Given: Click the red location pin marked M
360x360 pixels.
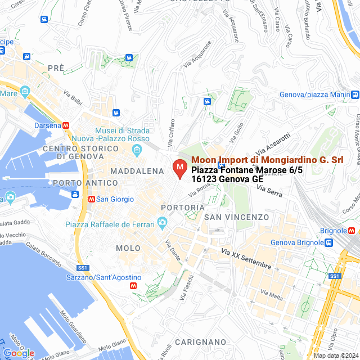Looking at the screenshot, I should (x=179, y=168).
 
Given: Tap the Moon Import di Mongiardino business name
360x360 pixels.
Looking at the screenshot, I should (x=267, y=160).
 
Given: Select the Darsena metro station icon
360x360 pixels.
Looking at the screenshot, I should (x=66, y=125).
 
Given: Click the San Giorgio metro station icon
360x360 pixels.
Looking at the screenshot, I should (x=91, y=199).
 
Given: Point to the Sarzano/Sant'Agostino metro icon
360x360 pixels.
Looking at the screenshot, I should (x=133, y=286).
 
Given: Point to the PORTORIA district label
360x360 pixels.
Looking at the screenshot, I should (x=182, y=208).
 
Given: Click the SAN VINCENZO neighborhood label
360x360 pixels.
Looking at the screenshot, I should (x=236, y=217).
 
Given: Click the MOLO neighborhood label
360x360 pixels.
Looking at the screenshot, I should (x=128, y=248).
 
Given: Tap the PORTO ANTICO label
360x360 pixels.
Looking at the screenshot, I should (x=85, y=183).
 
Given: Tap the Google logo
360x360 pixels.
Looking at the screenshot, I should (x=19, y=353).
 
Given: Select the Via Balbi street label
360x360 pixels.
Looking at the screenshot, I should (x=73, y=98).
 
